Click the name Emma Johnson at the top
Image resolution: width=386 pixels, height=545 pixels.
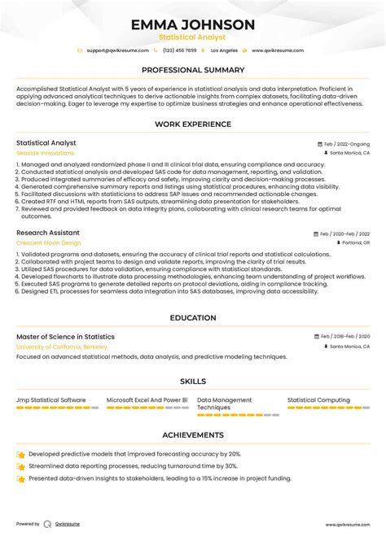tap(193, 25)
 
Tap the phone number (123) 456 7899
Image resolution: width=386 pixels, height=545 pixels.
tap(179, 50)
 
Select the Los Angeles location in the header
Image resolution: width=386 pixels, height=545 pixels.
tap(224, 50)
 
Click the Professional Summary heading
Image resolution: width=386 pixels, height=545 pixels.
tap(193, 70)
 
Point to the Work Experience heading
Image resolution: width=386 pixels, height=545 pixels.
tap(193, 124)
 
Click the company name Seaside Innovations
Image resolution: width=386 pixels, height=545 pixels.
tap(45, 152)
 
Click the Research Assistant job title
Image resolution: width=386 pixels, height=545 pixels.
tap(48, 233)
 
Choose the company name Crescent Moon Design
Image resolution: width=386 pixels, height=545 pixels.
tap(49, 242)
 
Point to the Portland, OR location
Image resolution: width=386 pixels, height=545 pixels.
tap(354, 242)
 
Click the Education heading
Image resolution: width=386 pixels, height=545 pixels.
tap(193, 318)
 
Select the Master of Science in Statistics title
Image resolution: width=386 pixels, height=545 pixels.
tap(65, 337)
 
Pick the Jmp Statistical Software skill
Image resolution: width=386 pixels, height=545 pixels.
tap(50, 400)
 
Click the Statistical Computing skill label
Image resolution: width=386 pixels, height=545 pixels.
tap(318, 400)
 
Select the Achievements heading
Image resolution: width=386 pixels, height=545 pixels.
tap(193, 435)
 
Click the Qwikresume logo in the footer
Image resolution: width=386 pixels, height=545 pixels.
tap(47, 524)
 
